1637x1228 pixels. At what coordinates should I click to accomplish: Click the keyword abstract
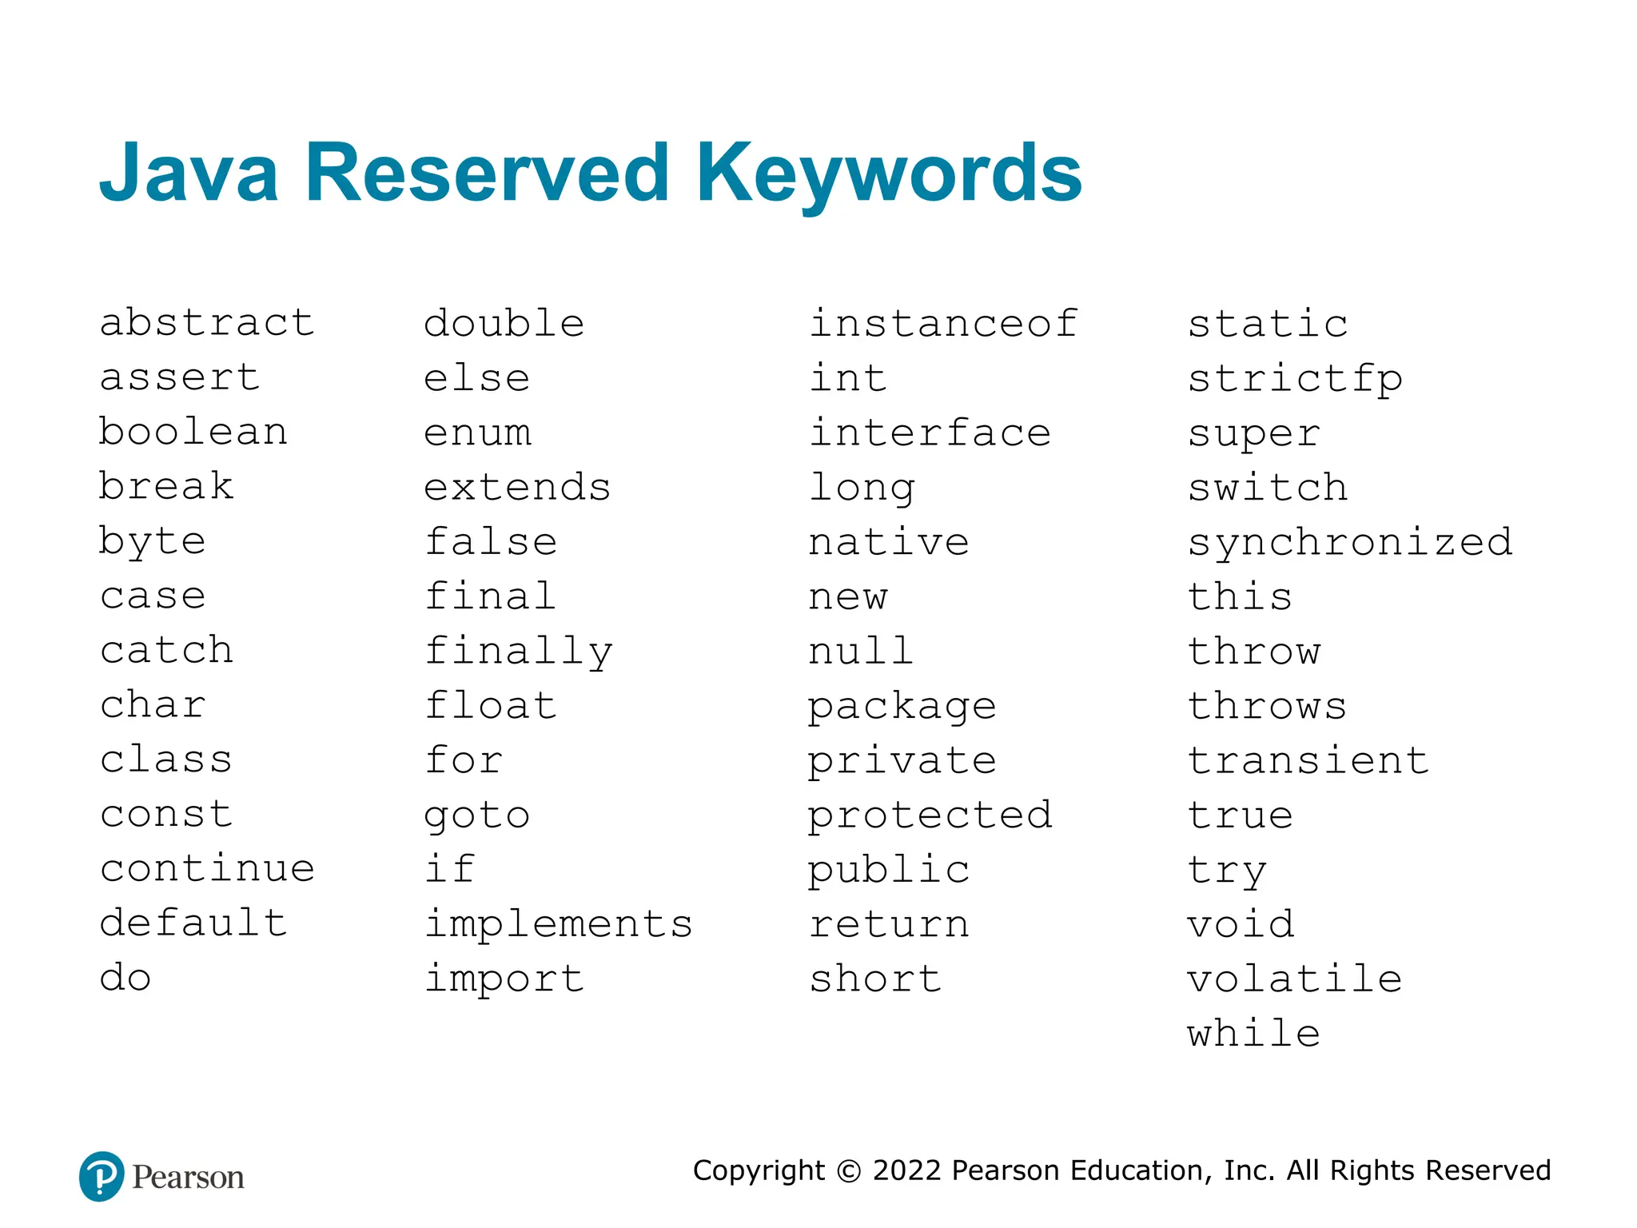point(207,323)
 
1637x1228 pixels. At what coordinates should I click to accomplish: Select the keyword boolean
point(193,432)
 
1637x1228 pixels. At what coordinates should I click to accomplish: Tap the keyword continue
point(207,868)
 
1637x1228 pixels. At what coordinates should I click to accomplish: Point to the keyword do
point(125,978)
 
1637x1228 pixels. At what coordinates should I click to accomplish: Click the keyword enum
point(477,433)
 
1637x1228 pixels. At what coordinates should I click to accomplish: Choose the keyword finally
point(518,652)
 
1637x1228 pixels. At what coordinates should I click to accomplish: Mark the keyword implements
point(559,924)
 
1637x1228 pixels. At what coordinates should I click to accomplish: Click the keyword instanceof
point(943,324)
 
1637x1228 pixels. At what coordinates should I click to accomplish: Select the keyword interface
point(930,433)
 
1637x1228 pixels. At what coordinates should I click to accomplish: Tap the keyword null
point(861,651)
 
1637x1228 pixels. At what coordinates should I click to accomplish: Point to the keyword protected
point(930,816)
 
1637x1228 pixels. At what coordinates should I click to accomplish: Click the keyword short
point(875,979)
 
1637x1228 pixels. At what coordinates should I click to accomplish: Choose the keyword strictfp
point(1295,380)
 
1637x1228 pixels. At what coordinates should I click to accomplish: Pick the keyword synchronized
point(1350,543)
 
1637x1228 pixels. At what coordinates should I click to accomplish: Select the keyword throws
point(1267,706)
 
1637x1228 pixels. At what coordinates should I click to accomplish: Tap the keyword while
point(1253,1033)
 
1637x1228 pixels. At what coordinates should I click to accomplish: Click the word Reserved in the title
point(487,173)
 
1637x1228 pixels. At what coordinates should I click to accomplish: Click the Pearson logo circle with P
point(102,1176)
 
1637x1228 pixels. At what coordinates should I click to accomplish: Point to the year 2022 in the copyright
point(907,1170)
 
